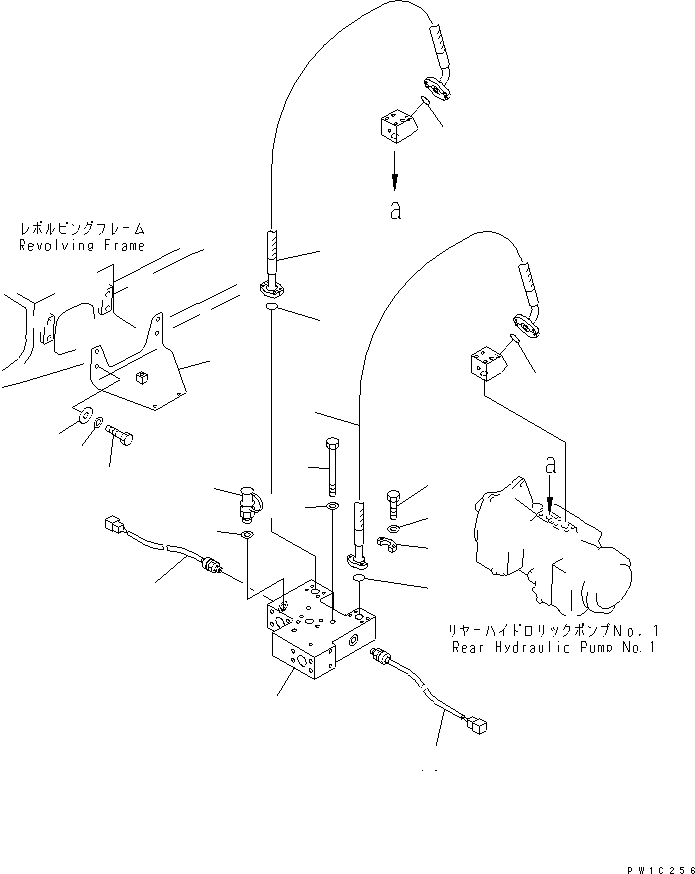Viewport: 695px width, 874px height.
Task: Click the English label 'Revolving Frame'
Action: coord(82,245)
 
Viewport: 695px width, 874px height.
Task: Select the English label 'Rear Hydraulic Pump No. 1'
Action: coord(552,647)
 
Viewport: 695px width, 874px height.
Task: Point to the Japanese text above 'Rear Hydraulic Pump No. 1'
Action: coord(553,631)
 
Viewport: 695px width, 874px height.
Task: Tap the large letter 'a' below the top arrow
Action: coord(396,212)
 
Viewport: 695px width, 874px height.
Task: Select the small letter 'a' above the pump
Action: coord(548,465)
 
